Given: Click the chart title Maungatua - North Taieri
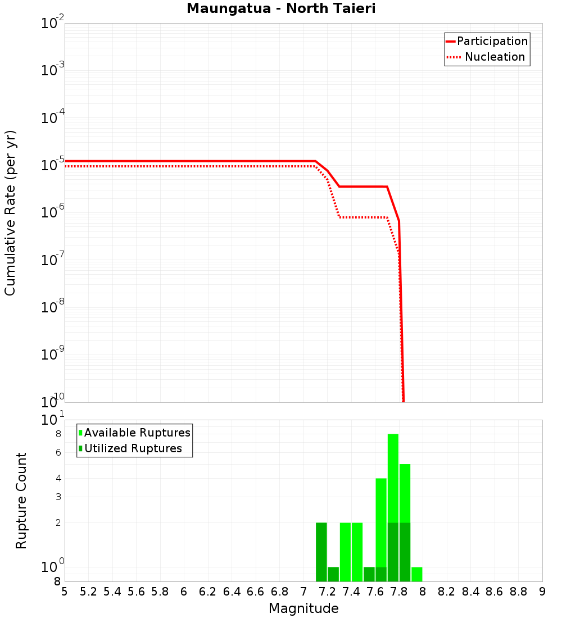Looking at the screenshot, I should tap(281, 9).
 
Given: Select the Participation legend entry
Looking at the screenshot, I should tap(492, 41).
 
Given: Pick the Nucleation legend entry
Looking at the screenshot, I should tap(495, 57).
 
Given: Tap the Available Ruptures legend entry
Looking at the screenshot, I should tap(137, 433).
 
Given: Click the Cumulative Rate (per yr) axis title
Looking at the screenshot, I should tap(10, 212).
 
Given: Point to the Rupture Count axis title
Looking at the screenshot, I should tap(21, 500).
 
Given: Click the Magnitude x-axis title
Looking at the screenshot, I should tap(303, 608).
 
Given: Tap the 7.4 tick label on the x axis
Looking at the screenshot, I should tap(351, 592).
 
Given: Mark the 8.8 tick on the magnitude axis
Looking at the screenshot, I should tap(518, 592).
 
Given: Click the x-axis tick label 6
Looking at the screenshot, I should tap(184, 592).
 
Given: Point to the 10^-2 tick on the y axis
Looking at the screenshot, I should tap(53, 24).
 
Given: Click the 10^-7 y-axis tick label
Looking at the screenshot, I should tap(53, 260).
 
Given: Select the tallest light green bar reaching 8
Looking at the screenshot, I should tap(393, 478).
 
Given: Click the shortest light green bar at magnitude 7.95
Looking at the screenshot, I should tap(416, 574).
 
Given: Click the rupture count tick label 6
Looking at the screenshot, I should tap(57, 452).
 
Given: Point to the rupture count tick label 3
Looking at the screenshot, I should tap(57, 497).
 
